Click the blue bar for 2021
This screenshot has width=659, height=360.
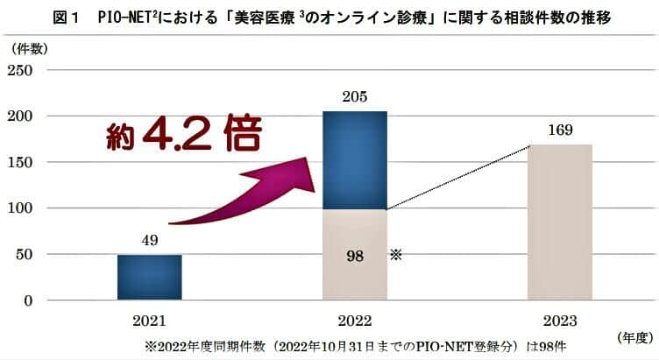[149, 277]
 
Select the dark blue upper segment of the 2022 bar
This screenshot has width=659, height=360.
[355, 159]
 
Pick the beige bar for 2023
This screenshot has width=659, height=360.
[560, 222]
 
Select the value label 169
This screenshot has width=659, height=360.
[560, 131]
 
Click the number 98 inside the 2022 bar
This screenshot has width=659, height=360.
[355, 256]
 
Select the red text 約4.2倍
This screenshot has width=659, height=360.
[179, 135]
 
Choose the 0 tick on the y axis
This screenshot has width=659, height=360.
[28, 300]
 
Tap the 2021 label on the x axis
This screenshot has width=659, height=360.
[149, 320]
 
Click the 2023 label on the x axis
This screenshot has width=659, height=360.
[560, 320]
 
